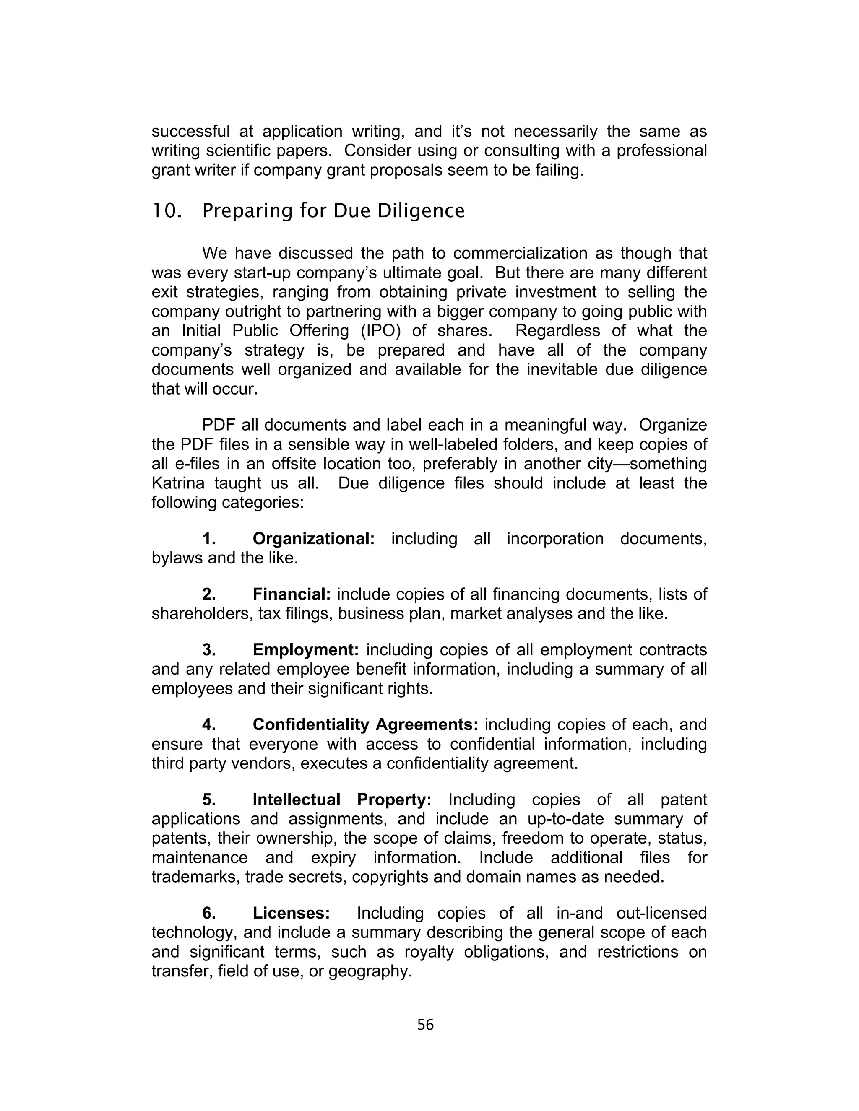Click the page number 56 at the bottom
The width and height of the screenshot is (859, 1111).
click(425, 1025)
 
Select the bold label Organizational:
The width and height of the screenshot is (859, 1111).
click(313, 539)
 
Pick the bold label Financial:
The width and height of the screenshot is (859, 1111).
click(292, 594)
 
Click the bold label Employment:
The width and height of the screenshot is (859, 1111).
click(306, 649)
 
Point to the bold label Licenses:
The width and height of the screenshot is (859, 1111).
click(292, 913)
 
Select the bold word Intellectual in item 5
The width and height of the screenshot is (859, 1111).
click(296, 800)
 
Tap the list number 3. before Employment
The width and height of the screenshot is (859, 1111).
click(208, 649)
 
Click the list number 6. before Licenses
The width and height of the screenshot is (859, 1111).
click(208, 913)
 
